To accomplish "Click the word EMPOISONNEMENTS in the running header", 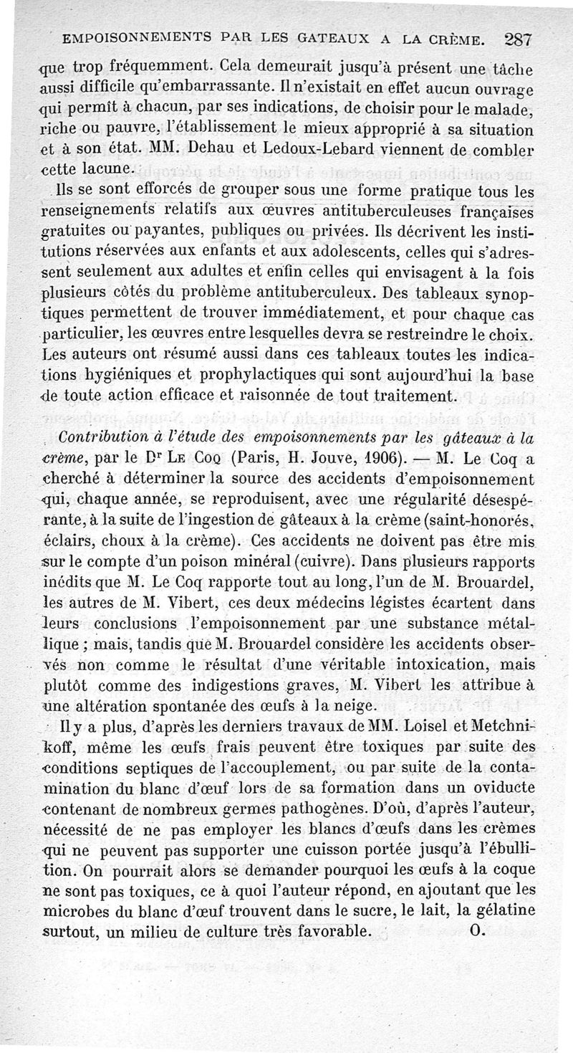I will click(132, 36).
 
